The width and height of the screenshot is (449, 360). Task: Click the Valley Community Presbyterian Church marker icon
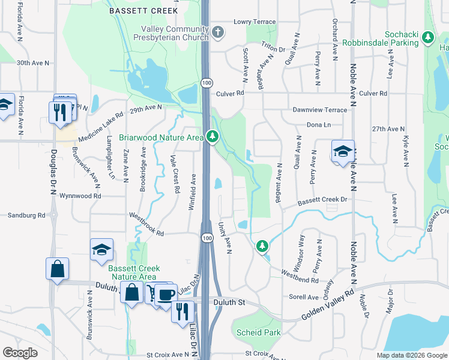[x=217, y=32]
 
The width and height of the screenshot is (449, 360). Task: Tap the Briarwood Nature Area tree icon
[x=212, y=137]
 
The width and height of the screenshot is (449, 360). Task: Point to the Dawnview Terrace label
[x=320, y=110]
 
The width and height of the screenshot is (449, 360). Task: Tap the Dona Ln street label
[x=319, y=125]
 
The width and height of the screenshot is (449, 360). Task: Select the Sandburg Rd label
[x=26, y=215]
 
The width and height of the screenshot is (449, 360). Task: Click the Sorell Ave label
[x=304, y=297]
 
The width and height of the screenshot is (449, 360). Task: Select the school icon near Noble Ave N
[x=343, y=151]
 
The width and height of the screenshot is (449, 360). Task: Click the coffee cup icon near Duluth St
[x=166, y=295]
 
